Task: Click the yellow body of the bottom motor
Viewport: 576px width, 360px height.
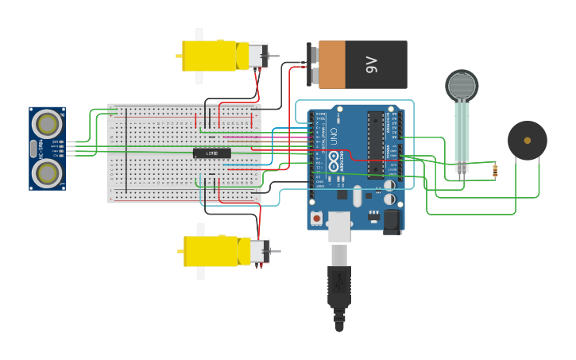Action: pyautogui.click(x=211, y=251)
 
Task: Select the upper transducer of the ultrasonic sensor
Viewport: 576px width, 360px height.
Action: pyautogui.click(x=48, y=124)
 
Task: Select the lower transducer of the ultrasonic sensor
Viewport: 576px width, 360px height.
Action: pyautogui.click(x=48, y=172)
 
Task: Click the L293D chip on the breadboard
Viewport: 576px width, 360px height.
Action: pyautogui.click(x=211, y=153)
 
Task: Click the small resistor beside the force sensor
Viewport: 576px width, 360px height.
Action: pyautogui.click(x=496, y=169)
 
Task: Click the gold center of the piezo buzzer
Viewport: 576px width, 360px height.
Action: pyautogui.click(x=528, y=141)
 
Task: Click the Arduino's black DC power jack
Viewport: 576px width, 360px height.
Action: pyautogui.click(x=392, y=221)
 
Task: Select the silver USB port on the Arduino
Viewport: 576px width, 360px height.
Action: pyautogui.click(x=339, y=226)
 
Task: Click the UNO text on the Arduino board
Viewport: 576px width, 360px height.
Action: pyautogui.click(x=334, y=136)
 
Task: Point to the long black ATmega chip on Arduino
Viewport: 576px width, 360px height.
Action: pyautogui.click(x=375, y=143)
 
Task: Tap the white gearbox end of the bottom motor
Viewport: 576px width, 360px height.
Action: pyautogui.click(x=260, y=251)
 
